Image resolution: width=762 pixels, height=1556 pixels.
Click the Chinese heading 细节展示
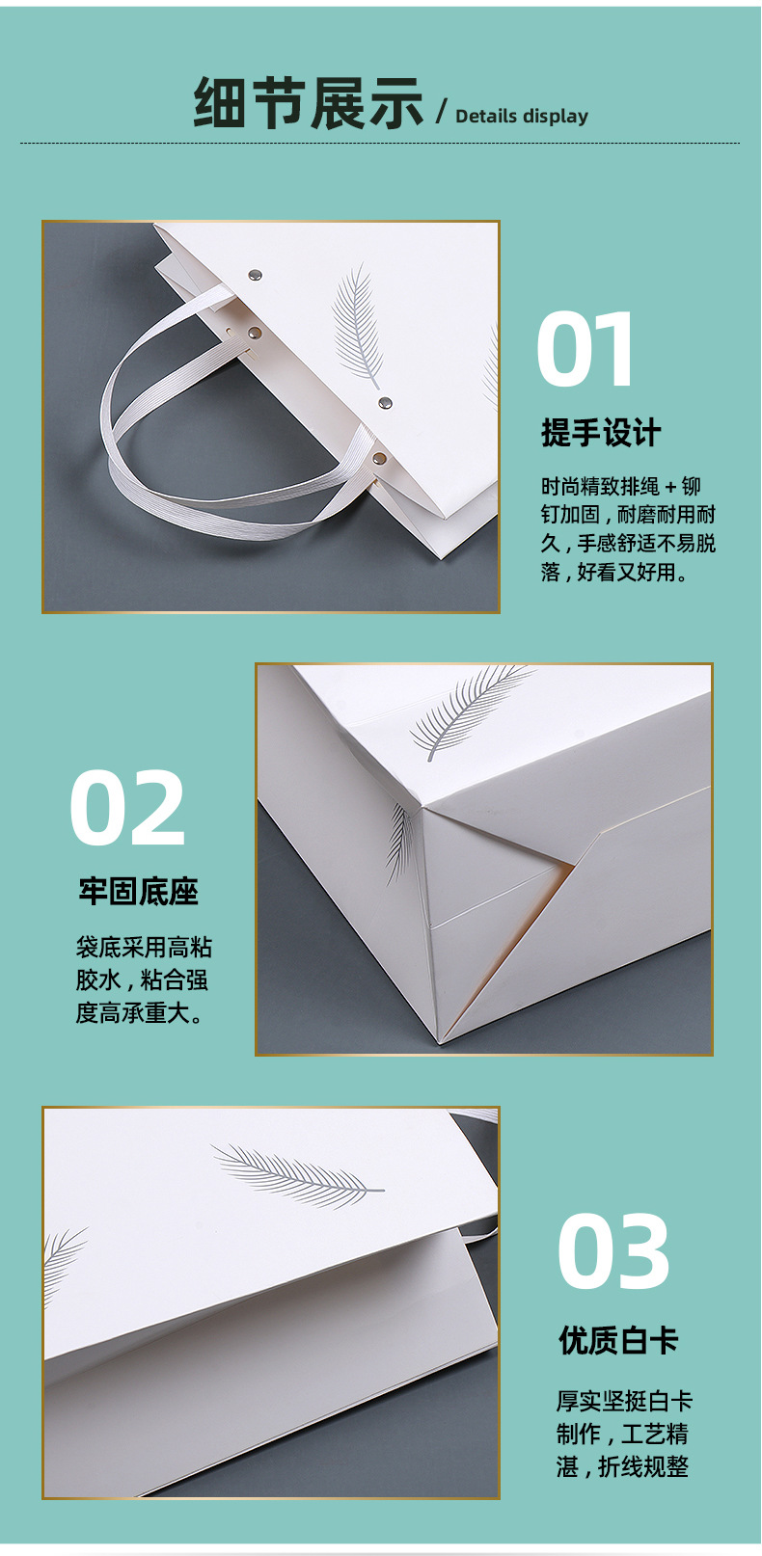tap(308, 103)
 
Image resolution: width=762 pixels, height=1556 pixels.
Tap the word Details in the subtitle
tap(486, 116)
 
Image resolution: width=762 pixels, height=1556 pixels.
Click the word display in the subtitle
tap(556, 117)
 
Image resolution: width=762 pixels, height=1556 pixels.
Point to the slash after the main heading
tap(441, 111)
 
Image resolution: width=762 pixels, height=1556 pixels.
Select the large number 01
tap(584, 349)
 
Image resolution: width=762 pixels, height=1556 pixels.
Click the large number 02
tap(127, 808)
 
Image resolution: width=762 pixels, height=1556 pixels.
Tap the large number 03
tap(613, 1251)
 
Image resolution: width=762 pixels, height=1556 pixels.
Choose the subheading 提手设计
tap(601, 433)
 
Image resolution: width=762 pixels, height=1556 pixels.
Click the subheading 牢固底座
tap(138, 891)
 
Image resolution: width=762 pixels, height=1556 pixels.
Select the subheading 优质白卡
tap(618, 1340)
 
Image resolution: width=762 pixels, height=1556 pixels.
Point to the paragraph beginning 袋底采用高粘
tap(143, 980)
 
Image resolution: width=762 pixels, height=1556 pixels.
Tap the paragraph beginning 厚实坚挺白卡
tap(624, 1433)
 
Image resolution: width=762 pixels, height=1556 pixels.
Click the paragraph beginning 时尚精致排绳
tap(628, 528)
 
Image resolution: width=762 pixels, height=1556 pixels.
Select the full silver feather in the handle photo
tap(357, 326)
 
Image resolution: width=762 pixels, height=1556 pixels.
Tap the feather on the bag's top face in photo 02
tap(469, 710)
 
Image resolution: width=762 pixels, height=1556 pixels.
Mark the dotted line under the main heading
tap(380, 143)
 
